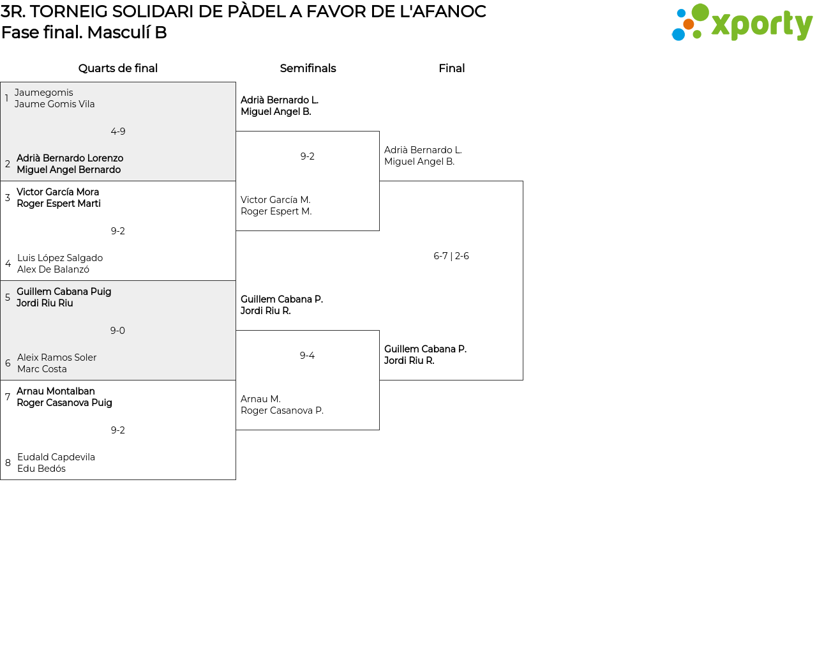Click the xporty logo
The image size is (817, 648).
(742, 22)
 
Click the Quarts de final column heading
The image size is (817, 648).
(117, 68)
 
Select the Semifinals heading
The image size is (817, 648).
(308, 68)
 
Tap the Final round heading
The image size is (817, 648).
(451, 68)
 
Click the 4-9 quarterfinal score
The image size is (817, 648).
(117, 132)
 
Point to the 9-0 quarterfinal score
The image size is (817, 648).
(117, 331)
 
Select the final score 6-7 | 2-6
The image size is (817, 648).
(451, 256)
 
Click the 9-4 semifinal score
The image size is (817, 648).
(307, 356)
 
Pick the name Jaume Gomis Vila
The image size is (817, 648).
(55, 104)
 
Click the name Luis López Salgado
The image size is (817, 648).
(60, 258)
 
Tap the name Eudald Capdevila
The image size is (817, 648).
(56, 457)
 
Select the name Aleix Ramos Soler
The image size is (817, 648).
(57, 358)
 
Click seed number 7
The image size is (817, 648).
(8, 397)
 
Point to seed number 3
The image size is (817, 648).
(8, 197)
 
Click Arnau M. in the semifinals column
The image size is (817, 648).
(260, 399)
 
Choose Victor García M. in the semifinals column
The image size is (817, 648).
(276, 200)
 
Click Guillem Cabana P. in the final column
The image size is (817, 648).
(425, 349)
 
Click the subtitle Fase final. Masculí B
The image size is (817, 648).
(84, 33)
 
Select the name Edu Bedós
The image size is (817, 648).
(41, 469)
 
